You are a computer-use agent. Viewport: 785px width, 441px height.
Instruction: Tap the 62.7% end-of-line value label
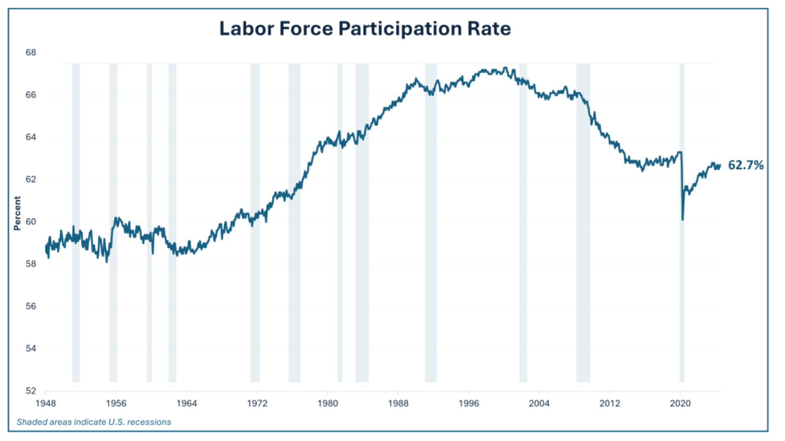coord(745,165)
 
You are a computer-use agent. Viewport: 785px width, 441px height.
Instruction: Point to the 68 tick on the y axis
coord(31,53)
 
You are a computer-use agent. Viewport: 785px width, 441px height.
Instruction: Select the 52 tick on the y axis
coord(31,391)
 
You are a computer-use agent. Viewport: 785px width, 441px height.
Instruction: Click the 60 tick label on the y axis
coord(31,222)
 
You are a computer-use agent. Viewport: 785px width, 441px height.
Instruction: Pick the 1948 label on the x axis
coord(45,403)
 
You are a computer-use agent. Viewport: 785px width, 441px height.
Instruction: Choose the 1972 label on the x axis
coord(257,403)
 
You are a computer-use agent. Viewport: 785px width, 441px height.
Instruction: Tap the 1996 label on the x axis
coord(469,403)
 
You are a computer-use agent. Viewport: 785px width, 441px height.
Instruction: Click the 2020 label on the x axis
coord(680,403)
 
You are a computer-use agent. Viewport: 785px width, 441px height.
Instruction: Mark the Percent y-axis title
coord(17,213)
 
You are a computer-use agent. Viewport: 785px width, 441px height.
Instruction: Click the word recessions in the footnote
coord(149,422)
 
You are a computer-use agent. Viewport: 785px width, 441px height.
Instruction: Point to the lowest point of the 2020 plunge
coord(682,220)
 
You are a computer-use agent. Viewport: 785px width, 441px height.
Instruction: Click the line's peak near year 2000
coord(506,68)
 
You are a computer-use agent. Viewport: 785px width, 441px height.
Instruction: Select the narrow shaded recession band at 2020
coord(682,286)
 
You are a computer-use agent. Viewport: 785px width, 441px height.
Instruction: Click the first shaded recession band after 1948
coord(76,286)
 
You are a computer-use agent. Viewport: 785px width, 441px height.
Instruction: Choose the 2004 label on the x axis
coord(539,403)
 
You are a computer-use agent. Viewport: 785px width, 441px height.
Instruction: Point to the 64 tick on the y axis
coord(31,137)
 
